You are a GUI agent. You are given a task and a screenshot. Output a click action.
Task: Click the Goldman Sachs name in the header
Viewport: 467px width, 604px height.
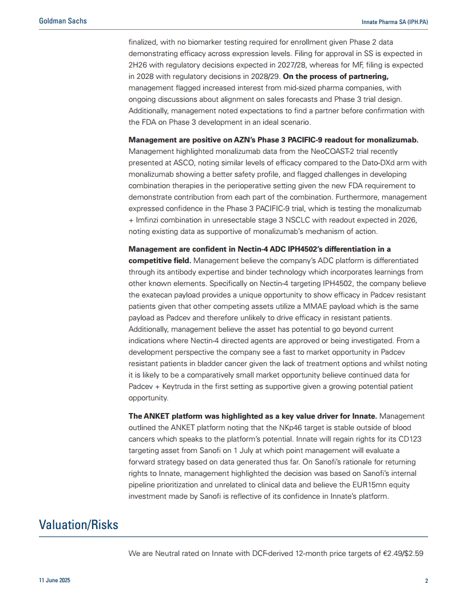pyautogui.click(x=63, y=21)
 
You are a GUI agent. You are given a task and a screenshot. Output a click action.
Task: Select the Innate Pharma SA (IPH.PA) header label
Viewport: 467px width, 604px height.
pyautogui.click(x=395, y=22)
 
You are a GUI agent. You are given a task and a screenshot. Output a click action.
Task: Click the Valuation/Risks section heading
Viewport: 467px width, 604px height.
pyautogui.click(x=78, y=524)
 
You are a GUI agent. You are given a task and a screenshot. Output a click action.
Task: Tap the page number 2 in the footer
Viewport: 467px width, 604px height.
pyautogui.click(x=426, y=581)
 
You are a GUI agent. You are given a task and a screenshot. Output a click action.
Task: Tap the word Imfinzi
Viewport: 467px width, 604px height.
pyautogui.click(x=152, y=220)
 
